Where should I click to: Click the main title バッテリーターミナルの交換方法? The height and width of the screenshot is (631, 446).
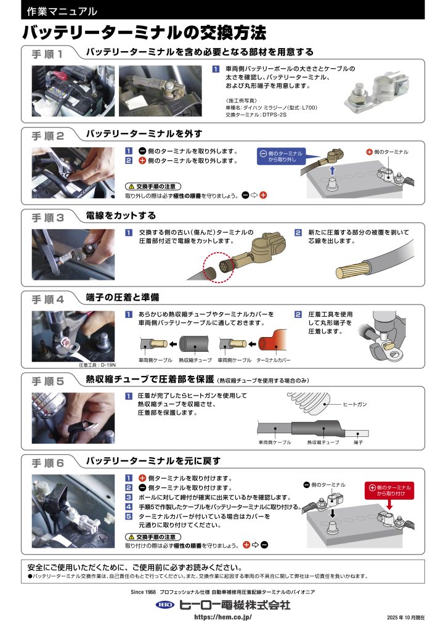(144, 33)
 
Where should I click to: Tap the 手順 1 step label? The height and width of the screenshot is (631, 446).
(47, 54)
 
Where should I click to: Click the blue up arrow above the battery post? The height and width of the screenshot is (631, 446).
(332, 170)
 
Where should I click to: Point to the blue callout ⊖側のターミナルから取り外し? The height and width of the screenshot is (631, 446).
(281, 156)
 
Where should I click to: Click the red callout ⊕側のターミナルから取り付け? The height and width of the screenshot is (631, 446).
(389, 490)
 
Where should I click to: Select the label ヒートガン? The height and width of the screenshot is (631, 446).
(355, 404)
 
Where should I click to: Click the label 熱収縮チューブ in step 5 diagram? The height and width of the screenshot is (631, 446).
(323, 442)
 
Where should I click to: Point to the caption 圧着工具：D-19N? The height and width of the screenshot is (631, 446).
(97, 365)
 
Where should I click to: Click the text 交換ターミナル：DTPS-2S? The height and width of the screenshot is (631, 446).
(256, 115)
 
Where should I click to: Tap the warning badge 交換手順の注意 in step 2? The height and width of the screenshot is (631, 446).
(153, 186)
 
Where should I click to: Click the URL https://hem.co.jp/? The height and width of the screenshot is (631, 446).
(223, 617)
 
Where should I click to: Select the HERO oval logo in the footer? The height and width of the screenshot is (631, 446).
(165, 605)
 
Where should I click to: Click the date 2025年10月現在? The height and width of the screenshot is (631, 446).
(406, 617)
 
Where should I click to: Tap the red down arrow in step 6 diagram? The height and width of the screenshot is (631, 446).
(389, 505)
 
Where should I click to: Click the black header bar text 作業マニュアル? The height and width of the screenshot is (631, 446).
(62, 11)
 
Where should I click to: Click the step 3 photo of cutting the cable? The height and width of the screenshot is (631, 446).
(73, 254)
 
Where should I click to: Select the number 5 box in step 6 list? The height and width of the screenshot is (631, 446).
(129, 516)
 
